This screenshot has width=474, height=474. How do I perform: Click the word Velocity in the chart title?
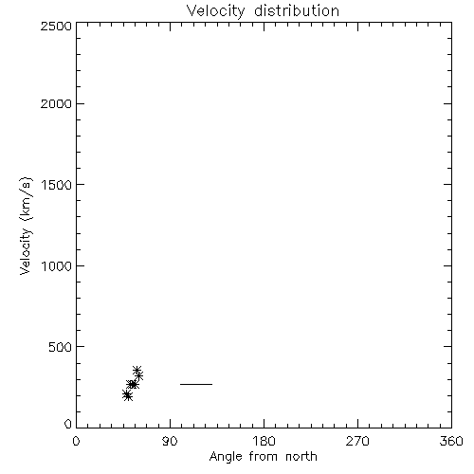tap(216, 11)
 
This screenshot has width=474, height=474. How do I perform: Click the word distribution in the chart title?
tap(297, 10)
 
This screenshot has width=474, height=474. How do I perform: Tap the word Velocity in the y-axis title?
tap(26, 251)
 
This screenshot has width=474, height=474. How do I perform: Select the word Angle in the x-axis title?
tap(226, 457)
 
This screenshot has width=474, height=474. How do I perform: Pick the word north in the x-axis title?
tap(301, 456)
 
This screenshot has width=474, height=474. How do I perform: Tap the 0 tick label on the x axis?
tap(76, 441)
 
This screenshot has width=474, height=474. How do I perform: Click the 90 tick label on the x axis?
tap(170, 441)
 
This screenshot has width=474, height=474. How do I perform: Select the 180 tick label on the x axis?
tap(264, 441)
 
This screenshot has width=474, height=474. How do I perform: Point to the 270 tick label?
tap(357, 441)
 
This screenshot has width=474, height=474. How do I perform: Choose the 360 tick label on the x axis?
tap(451, 441)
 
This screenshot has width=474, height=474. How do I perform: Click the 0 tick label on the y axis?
tap(68, 424)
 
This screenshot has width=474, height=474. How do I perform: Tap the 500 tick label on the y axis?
tap(61, 347)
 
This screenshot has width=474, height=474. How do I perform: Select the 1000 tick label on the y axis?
tap(57, 266)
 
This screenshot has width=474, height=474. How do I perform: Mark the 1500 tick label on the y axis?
tap(57, 185)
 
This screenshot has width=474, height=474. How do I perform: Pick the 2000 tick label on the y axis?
tap(56, 104)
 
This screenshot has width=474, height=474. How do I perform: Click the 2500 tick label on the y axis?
tap(56, 26)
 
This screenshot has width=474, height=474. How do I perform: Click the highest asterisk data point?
tap(137, 370)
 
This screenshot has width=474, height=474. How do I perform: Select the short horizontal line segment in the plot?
tap(196, 384)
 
